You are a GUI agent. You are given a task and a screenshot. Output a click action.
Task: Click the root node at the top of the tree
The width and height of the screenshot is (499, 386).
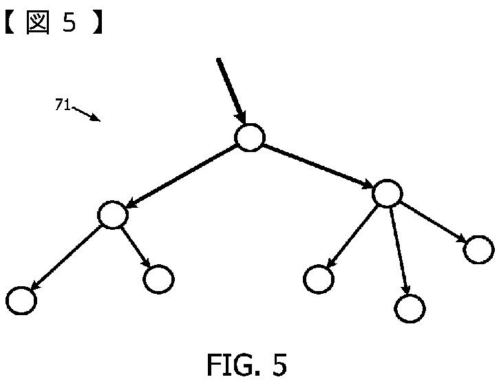(x=250, y=137)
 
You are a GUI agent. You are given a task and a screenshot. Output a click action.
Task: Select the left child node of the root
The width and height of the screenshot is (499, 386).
(x=113, y=215)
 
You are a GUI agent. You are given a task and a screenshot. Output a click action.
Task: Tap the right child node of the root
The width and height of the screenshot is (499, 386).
(x=387, y=193)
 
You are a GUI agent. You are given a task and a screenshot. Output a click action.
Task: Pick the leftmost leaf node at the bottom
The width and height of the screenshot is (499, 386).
(x=21, y=301)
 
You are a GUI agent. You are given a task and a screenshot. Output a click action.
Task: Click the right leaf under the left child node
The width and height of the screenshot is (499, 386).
(x=158, y=279)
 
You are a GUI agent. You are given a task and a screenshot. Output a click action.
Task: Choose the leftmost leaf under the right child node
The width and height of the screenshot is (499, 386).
(x=319, y=279)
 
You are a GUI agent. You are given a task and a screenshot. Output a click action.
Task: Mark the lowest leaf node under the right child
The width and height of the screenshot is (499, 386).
(x=410, y=308)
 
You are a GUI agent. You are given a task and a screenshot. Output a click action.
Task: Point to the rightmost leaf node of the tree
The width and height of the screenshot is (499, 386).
(x=478, y=249)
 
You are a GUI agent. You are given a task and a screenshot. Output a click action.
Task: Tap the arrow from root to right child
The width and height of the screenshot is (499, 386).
(x=317, y=166)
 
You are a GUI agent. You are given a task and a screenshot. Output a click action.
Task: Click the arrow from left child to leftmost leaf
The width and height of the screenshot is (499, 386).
(x=66, y=257)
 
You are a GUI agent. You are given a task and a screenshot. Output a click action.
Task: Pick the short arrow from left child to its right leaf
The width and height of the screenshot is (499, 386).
(x=135, y=246)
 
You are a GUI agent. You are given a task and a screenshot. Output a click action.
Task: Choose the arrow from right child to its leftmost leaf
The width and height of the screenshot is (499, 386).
(x=352, y=236)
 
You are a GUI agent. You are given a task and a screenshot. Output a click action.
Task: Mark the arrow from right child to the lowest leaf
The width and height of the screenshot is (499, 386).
(x=399, y=249)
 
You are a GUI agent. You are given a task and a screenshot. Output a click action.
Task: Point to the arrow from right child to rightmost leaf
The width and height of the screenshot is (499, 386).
(x=433, y=221)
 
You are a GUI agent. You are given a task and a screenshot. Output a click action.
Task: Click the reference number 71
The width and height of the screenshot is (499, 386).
(x=62, y=105)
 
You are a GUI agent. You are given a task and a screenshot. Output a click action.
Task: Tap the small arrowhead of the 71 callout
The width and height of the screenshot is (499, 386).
(x=96, y=118)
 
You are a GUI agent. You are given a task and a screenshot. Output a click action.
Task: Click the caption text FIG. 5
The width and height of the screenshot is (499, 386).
(x=246, y=365)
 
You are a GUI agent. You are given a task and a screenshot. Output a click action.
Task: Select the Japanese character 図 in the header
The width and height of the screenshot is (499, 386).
(x=39, y=23)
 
